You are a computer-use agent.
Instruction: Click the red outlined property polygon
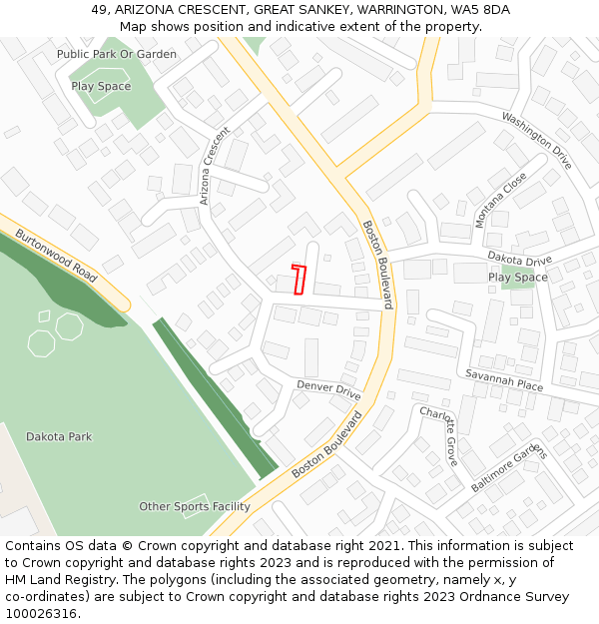299,280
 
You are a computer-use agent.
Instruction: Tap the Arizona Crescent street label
215,166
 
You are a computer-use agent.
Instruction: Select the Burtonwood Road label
56,256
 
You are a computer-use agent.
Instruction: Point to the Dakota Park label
59,436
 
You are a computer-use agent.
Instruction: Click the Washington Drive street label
536,139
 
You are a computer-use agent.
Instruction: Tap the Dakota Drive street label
519,260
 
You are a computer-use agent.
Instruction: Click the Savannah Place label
504,379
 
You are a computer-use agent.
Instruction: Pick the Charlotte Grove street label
438,436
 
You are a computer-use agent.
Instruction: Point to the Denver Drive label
328,389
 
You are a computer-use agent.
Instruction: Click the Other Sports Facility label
195,507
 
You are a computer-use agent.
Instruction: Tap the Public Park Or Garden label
117,54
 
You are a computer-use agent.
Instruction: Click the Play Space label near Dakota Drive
517,278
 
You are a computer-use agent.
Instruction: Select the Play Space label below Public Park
101,87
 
